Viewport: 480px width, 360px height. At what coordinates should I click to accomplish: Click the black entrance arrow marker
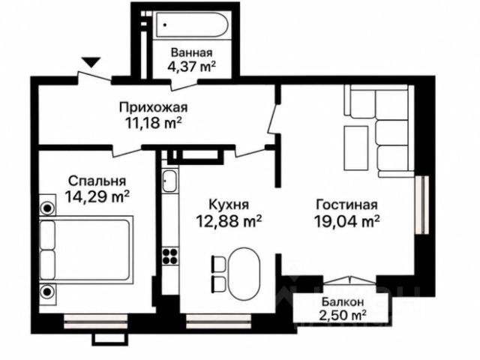91,62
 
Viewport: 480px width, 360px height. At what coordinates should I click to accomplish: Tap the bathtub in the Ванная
190,25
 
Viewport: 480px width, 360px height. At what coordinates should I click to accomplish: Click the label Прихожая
153,108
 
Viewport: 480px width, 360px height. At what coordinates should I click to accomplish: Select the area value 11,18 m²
153,123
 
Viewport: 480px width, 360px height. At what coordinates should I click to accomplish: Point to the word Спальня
97,181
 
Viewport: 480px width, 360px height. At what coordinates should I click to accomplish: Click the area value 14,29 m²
97,196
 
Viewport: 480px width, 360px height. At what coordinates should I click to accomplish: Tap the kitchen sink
169,181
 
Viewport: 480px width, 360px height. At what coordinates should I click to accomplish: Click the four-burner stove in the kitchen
170,256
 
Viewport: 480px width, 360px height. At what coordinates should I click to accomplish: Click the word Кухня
228,205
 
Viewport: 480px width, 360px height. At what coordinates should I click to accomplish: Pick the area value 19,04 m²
346,221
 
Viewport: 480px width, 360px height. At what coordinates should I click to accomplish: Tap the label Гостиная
346,205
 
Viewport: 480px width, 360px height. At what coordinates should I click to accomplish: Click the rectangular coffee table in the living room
356,148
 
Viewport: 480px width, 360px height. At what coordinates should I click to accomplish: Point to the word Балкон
343,301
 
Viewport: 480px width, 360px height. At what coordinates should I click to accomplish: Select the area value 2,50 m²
343,315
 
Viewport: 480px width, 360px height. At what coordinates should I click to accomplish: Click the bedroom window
95,321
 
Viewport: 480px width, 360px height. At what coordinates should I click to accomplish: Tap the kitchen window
219,321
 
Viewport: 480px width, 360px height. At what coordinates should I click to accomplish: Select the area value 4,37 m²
192,67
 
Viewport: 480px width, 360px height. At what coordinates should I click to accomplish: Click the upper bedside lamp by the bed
47,208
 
